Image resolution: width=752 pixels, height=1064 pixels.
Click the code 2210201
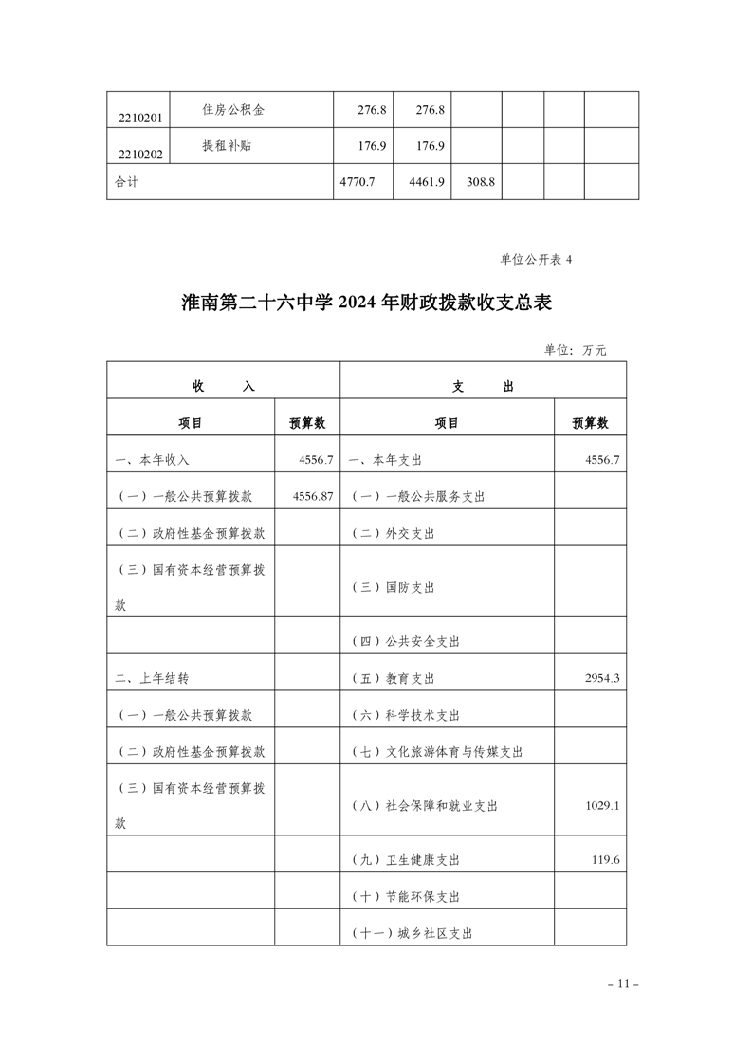pos(137,118)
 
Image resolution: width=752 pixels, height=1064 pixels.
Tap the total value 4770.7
pos(358,182)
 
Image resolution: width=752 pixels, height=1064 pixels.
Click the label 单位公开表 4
pos(537,259)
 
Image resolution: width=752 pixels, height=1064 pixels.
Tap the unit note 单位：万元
pos(575,350)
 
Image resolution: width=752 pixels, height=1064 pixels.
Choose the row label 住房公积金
pos(233,110)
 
